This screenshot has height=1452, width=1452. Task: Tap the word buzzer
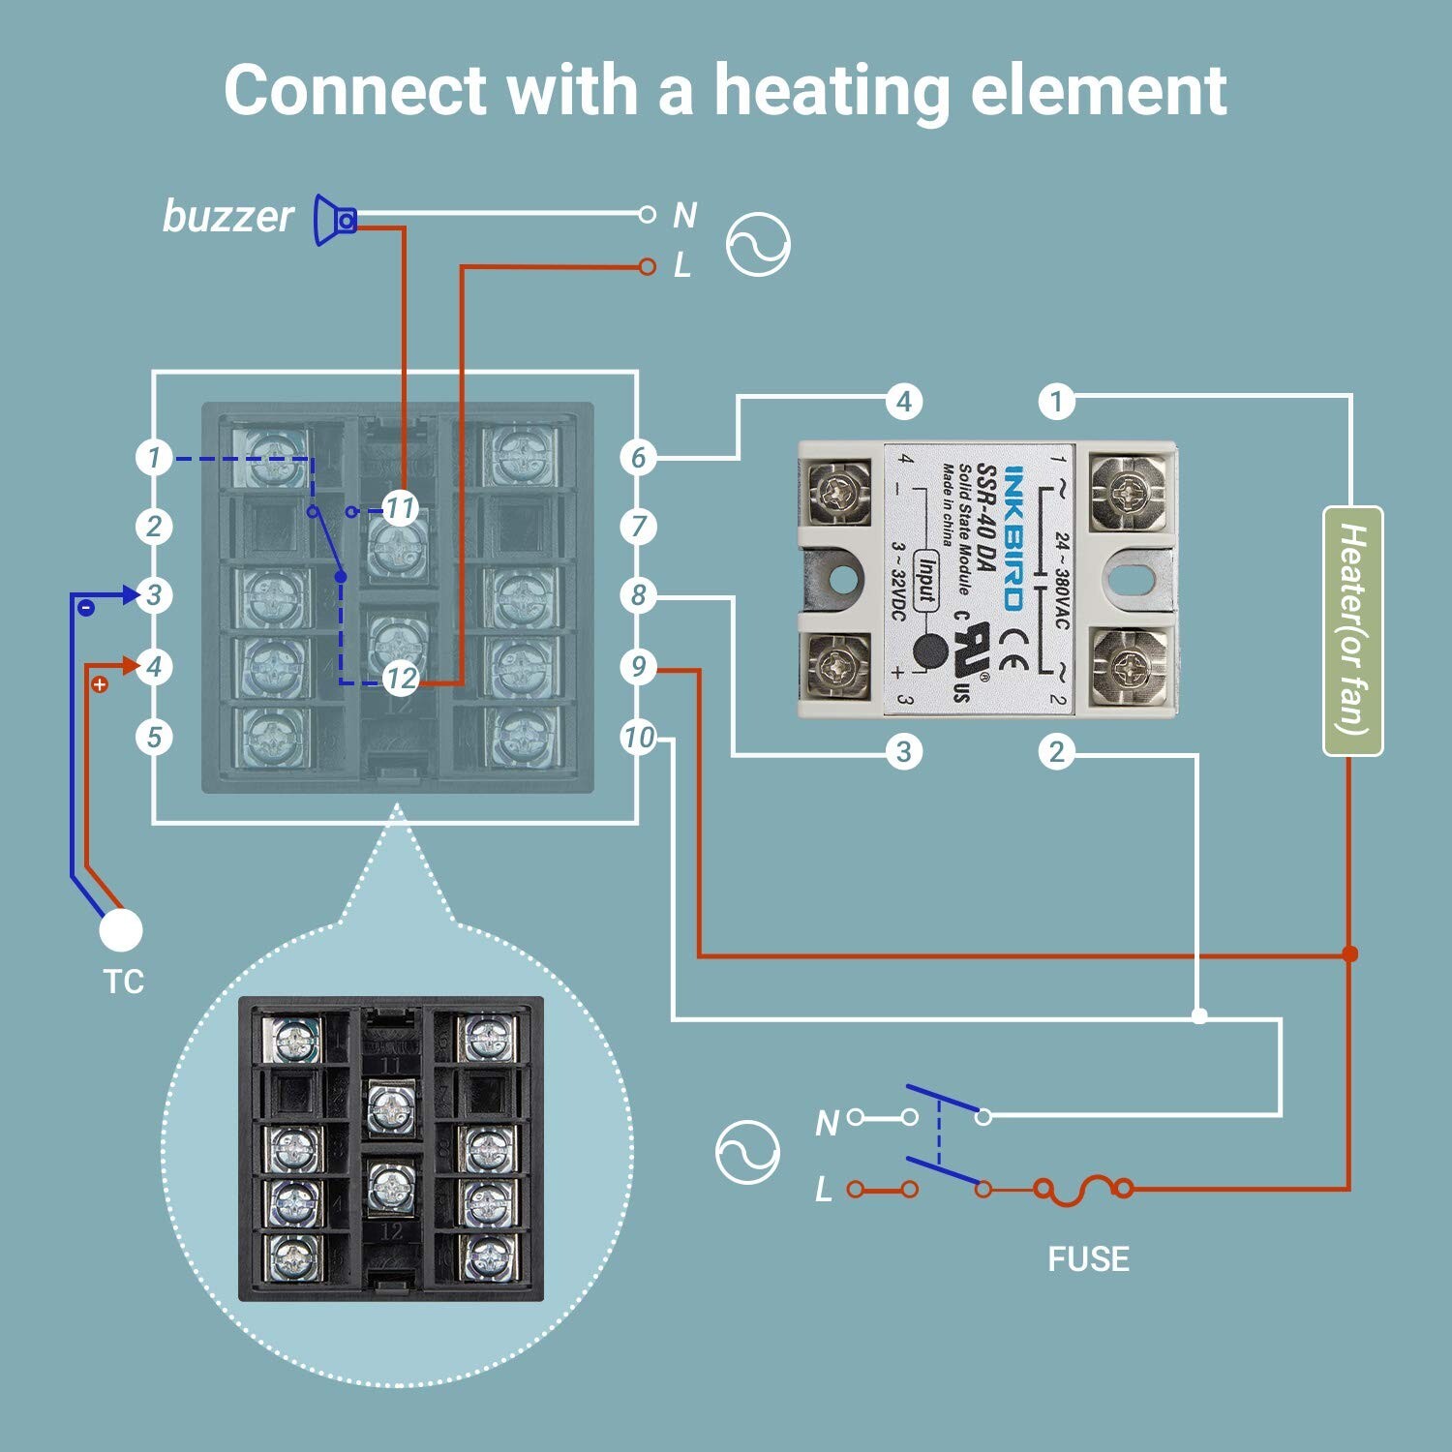point(227,216)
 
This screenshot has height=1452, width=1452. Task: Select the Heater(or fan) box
point(1352,630)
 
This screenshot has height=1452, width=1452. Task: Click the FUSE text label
point(1088,1258)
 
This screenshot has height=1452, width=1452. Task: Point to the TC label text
point(123,982)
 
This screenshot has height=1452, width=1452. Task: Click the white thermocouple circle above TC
point(121,930)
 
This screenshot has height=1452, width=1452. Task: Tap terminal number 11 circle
point(400,507)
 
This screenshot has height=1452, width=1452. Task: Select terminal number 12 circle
point(400,678)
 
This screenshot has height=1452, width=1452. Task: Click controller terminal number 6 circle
point(638,458)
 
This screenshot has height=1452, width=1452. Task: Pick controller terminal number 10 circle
point(638,738)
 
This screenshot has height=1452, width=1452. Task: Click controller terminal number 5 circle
point(154,738)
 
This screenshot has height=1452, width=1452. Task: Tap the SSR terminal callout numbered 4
point(903,401)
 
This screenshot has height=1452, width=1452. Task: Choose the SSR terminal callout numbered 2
point(1056,751)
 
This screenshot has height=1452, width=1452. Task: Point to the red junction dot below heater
point(1350,954)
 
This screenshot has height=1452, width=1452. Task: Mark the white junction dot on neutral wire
point(1199,1016)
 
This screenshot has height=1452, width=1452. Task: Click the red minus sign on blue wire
point(85,608)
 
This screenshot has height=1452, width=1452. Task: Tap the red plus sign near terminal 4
point(99,684)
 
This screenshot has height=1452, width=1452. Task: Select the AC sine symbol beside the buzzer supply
point(758,245)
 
